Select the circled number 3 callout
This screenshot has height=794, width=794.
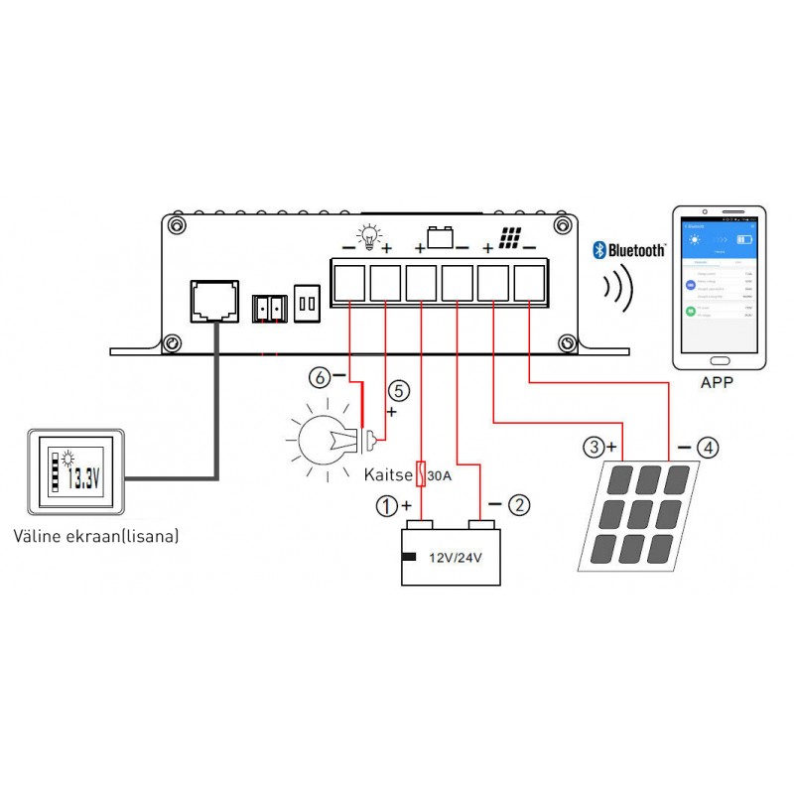point(594,448)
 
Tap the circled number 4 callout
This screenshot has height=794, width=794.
point(708,448)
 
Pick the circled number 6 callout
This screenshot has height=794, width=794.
point(319,377)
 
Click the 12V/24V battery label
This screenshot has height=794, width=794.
point(455,558)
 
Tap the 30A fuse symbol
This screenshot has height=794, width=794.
point(423,474)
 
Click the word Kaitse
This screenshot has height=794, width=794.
point(388,475)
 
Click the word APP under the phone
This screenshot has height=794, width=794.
point(717,381)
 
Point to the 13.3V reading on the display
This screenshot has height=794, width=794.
point(83,479)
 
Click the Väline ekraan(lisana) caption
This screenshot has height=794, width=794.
point(97,537)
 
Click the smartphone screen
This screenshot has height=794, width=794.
point(718,287)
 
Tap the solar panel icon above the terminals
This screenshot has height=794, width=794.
point(510,239)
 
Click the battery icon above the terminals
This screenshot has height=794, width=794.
point(439,238)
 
